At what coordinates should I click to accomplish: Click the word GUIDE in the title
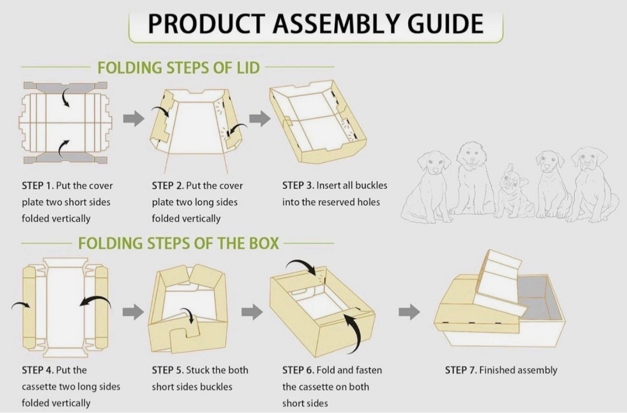click(447, 24)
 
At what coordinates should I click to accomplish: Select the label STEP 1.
click(38, 185)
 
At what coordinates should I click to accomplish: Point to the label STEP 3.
click(298, 185)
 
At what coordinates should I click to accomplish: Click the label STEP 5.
click(168, 370)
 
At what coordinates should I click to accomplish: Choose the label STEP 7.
click(461, 370)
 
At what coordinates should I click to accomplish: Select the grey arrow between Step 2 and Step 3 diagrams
click(260, 118)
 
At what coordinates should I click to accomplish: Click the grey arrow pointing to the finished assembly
click(409, 312)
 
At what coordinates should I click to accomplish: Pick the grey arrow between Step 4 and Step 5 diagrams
click(133, 312)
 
